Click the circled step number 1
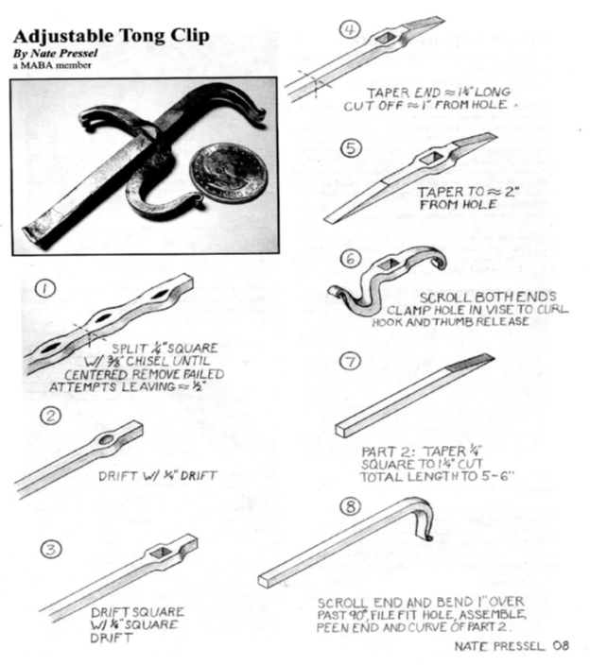pos(45,289)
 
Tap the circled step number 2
pos(51,416)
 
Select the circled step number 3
pos(51,549)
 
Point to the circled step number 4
pos(350,29)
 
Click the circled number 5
pos(352,148)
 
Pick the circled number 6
pos(351,258)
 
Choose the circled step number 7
pos(351,361)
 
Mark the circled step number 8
pos(351,505)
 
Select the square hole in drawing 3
pos(162,551)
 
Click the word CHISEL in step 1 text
pos(149,362)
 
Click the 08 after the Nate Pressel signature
pos(561,646)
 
